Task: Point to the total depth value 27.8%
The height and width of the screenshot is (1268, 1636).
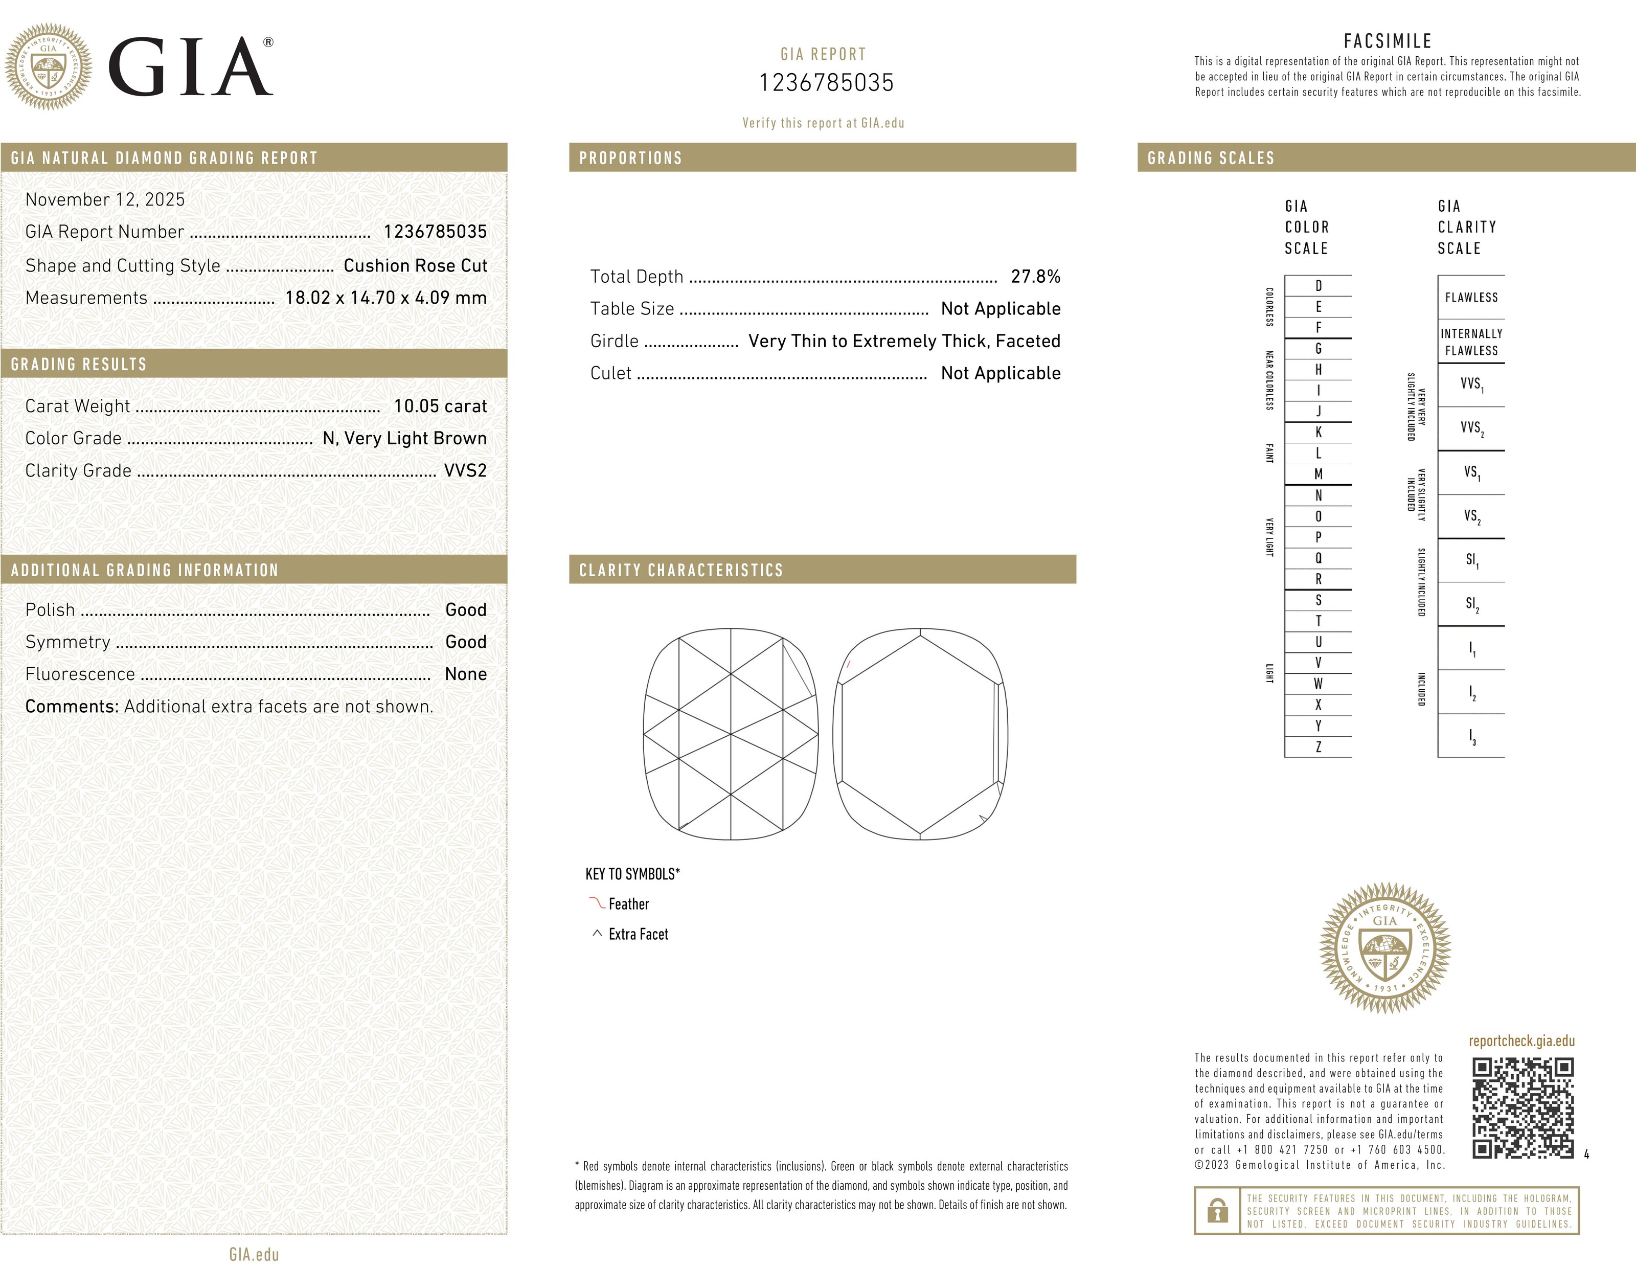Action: (x=1035, y=277)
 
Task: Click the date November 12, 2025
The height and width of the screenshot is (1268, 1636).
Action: (x=105, y=199)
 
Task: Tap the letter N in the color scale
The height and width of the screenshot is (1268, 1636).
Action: (x=1319, y=495)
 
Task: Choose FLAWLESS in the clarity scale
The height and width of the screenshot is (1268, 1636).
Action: (x=1471, y=298)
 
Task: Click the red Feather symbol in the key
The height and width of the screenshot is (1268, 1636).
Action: (x=597, y=903)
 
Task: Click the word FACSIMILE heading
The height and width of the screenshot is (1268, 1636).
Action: (x=1388, y=41)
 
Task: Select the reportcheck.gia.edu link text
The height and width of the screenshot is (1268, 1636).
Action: (x=1521, y=1041)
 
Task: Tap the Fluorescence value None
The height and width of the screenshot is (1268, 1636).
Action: (x=465, y=674)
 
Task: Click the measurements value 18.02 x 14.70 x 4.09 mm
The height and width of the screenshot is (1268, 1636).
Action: (x=386, y=298)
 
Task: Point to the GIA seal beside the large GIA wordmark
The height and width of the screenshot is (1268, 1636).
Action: (x=49, y=66)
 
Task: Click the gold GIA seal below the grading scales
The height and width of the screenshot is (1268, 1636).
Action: (x=1385, y=947)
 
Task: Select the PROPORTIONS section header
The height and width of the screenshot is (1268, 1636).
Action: (x=631, y=158)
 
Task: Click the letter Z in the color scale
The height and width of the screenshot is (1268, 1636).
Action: (x=1319, y=746)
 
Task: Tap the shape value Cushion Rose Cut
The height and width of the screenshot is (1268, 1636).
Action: (x=415, y=265)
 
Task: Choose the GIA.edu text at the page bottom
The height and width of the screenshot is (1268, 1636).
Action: (x=254, y=1255)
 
